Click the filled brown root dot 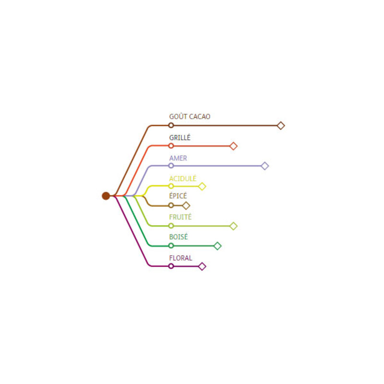(x=106, y=196)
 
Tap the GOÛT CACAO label (x=190, y=116)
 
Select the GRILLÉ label (x=180, y=137)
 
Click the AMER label (x=178, y=158)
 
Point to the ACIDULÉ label (x=183, y=178)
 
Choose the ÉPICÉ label (x=178, y=195)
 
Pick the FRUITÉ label (x=180, y=217)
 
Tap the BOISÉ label (x=179, y=237)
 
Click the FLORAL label (x=181, y=258)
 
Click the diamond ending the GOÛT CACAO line (x=281, y=126)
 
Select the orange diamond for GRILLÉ (x=233, y=146)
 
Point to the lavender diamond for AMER (x=265, y=166)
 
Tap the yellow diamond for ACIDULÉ (x=202, y=186)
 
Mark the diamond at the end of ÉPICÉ (x=186, y=205)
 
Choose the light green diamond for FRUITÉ (x=233, y=226)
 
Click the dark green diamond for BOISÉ (x=217, y=246)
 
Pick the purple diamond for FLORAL (x=202, y=266)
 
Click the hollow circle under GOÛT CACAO (x=171, y=125)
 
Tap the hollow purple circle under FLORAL (x=171, y=266)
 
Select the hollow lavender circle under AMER (x=171, y=166)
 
